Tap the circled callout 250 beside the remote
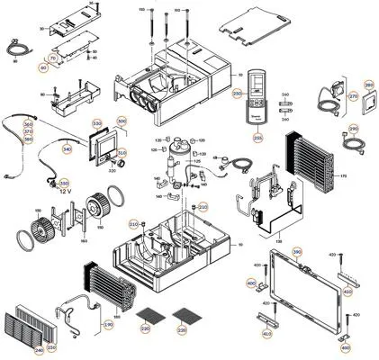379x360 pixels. coord(239,94)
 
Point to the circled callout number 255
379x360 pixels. coord(257,138)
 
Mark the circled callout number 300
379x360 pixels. coord(122,122)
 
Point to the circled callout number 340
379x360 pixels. coord(67,149)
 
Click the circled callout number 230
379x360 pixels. coord(51,347)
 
